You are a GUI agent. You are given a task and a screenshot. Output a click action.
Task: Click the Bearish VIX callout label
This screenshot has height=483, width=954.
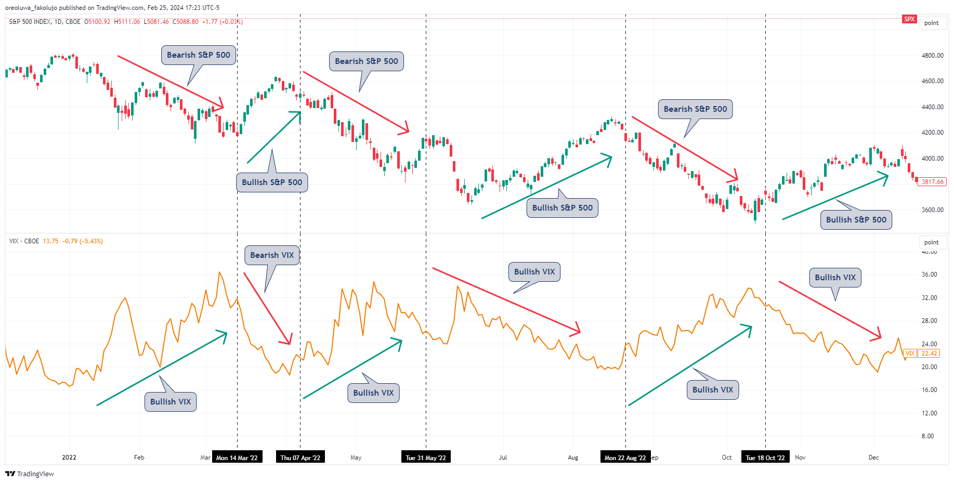[272, 255]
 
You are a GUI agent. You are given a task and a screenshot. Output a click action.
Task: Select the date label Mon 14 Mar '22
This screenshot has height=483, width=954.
[237, 458]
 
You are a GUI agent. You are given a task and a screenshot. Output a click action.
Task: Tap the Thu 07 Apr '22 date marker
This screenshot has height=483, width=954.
[300, 458]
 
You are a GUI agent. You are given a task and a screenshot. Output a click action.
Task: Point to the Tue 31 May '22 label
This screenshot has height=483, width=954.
[426, 458]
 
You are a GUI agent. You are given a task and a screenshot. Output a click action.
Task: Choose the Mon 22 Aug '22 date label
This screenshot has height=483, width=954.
[625, 458]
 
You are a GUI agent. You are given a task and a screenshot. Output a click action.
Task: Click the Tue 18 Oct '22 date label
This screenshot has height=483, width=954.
[765, 458]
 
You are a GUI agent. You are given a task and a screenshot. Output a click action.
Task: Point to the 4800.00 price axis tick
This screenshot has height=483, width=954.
[932, 56]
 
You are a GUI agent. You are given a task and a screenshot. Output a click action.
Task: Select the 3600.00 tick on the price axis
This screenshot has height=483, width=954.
[932, 210]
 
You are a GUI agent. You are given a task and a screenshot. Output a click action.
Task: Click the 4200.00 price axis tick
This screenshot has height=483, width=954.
[932, 133]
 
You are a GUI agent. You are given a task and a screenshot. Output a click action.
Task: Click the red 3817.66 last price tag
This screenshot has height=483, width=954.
[933, 182]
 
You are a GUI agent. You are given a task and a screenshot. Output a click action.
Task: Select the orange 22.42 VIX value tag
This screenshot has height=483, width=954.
[929, 354]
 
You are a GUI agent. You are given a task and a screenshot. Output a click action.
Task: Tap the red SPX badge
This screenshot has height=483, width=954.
[909, 19]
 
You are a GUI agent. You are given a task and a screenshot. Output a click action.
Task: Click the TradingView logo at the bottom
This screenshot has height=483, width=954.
[30, 474]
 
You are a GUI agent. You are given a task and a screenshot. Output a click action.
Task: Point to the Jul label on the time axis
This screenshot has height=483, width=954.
[503, 458]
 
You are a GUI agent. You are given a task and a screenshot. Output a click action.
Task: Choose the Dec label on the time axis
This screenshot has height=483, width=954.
[873, 458]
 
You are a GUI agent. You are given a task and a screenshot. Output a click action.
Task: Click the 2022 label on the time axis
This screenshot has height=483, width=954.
[69, 458]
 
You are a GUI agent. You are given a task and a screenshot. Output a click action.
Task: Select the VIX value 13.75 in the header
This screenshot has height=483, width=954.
[50, 241]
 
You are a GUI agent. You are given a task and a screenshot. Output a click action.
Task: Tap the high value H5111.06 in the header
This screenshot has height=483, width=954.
[127, 22]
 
